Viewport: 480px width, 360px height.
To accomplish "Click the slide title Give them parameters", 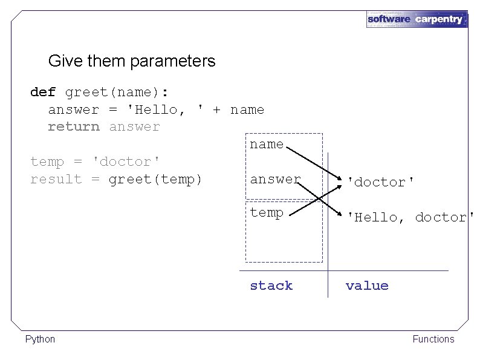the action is tap(131, 61).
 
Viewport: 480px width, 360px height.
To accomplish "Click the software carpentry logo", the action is tap(416, 19).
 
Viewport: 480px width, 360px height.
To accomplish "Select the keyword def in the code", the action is tap(43, 93).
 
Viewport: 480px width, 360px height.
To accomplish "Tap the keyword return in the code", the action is tap(74, 127).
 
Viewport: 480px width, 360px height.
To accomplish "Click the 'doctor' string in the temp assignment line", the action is tap(125, 162).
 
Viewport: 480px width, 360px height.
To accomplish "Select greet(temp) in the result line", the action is tap(155, 179).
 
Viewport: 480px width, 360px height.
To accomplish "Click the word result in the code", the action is tap(56, 179).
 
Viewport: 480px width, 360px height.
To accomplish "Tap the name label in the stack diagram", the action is tap(267, 145).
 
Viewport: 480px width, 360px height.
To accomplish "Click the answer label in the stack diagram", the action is tap(275, 179).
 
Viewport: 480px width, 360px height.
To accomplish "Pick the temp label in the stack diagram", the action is tap(267, 213).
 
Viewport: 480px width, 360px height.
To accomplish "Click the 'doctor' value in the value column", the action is tap(380, 182).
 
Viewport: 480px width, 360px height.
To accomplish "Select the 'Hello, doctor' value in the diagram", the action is tap(410, 217).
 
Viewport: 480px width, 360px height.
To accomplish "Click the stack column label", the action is tap(271, 286).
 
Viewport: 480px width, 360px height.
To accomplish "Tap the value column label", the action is tap(367, 286).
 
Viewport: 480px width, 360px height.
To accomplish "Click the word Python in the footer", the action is tap(40, 339).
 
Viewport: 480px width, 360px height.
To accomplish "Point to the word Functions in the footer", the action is tap(433, 339).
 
